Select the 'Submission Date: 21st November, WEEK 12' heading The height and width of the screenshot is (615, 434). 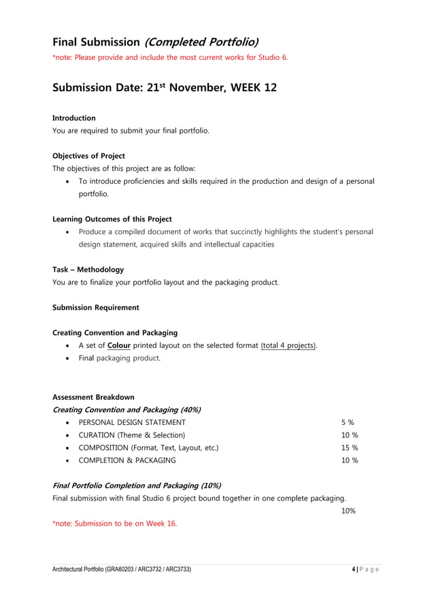(x=165, y=89)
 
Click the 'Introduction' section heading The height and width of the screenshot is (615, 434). (x=74, y=118)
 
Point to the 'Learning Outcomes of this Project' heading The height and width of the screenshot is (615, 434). (x=112, y=219)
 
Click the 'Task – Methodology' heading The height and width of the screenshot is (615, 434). (x=88, y=270)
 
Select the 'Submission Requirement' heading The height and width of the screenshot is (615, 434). (x=95, y=307)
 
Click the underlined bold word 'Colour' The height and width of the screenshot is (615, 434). (x=114, y=345)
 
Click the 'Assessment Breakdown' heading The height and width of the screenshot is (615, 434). (x=93, y=397)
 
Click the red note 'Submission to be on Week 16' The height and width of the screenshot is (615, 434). (x=114, y=523)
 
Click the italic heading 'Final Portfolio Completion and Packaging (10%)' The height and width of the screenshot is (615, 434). (x=136, y=486)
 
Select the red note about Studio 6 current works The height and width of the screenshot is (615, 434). (x=170, y=57)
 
